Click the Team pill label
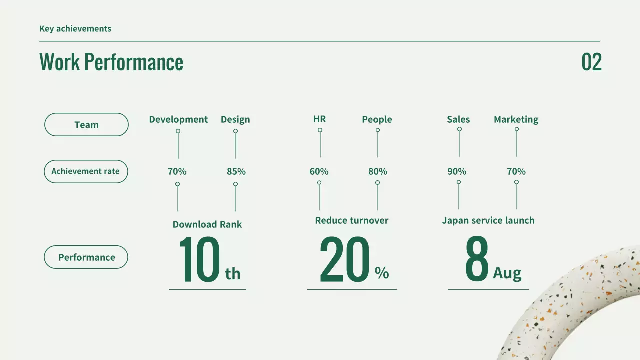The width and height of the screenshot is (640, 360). click(86, 125)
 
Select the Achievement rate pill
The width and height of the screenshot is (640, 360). click(86, 171)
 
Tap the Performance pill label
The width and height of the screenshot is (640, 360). click(86, 257)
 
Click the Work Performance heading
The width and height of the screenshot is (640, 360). click(111, 62)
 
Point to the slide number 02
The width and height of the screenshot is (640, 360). click(591, 62)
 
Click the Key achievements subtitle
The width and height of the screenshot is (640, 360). click(75, 29)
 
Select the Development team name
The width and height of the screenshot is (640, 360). click(178, 119)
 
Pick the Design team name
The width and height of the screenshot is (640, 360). click(235, 119)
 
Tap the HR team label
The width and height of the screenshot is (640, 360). click(320, 119)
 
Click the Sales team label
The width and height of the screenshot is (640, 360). click(458, 119)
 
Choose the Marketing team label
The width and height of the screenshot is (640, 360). click(516, 119)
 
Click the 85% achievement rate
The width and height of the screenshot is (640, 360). click(236, 171)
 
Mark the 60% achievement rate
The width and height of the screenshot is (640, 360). click(319, 171)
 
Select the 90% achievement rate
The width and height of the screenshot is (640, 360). click(457, 171)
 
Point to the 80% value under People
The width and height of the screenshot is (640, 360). click(378, 171)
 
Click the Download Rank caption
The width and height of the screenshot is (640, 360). click(207, 224)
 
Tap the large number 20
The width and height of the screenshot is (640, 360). click(345, 260)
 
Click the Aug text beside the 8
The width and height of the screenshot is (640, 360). click(507, 273)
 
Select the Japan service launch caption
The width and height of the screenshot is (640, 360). click(488, 220)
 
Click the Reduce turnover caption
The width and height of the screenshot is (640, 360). click(352, 220)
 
